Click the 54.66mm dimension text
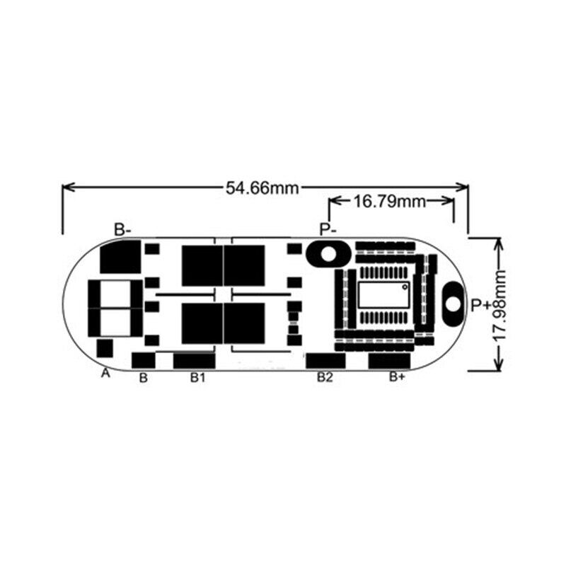click(x=262, y=187)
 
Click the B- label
click(x=123, y=229)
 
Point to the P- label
click(x=328, y=229)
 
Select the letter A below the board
click(x=106, y=373)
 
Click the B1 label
click(x=197, y=378)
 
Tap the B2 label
click(x=324, y=378)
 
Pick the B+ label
click(x=397, y=378)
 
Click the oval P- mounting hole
click(x=327, y=253)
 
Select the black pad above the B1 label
click(x=194, y=360)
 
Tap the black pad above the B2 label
click(x=325, y=360)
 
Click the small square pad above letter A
click(x=105, y=348)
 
